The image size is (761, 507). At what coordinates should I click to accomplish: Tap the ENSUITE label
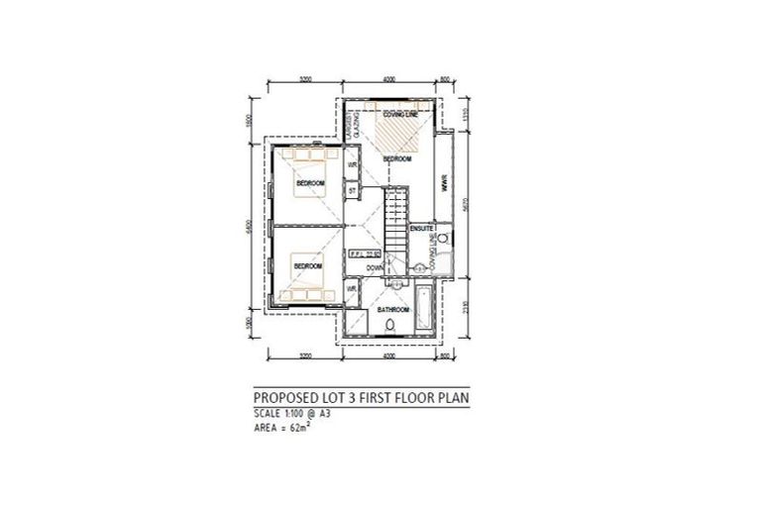pyautogui.click(x=421, y=229)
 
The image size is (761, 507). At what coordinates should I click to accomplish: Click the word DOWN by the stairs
pyautogui.click(x=375, y=267)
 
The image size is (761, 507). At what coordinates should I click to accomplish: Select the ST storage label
pyautogui.click(x=352, y=188)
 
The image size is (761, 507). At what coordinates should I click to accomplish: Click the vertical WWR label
pyautogui.click(x=445, y=184)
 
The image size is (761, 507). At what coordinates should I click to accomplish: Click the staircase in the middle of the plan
pyautogui.click(x=394, y=223)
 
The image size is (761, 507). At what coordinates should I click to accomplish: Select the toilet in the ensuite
pyautogui.click(x=443, y=239)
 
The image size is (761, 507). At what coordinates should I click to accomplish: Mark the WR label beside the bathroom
pyautogui.click(x=351, y=290)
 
